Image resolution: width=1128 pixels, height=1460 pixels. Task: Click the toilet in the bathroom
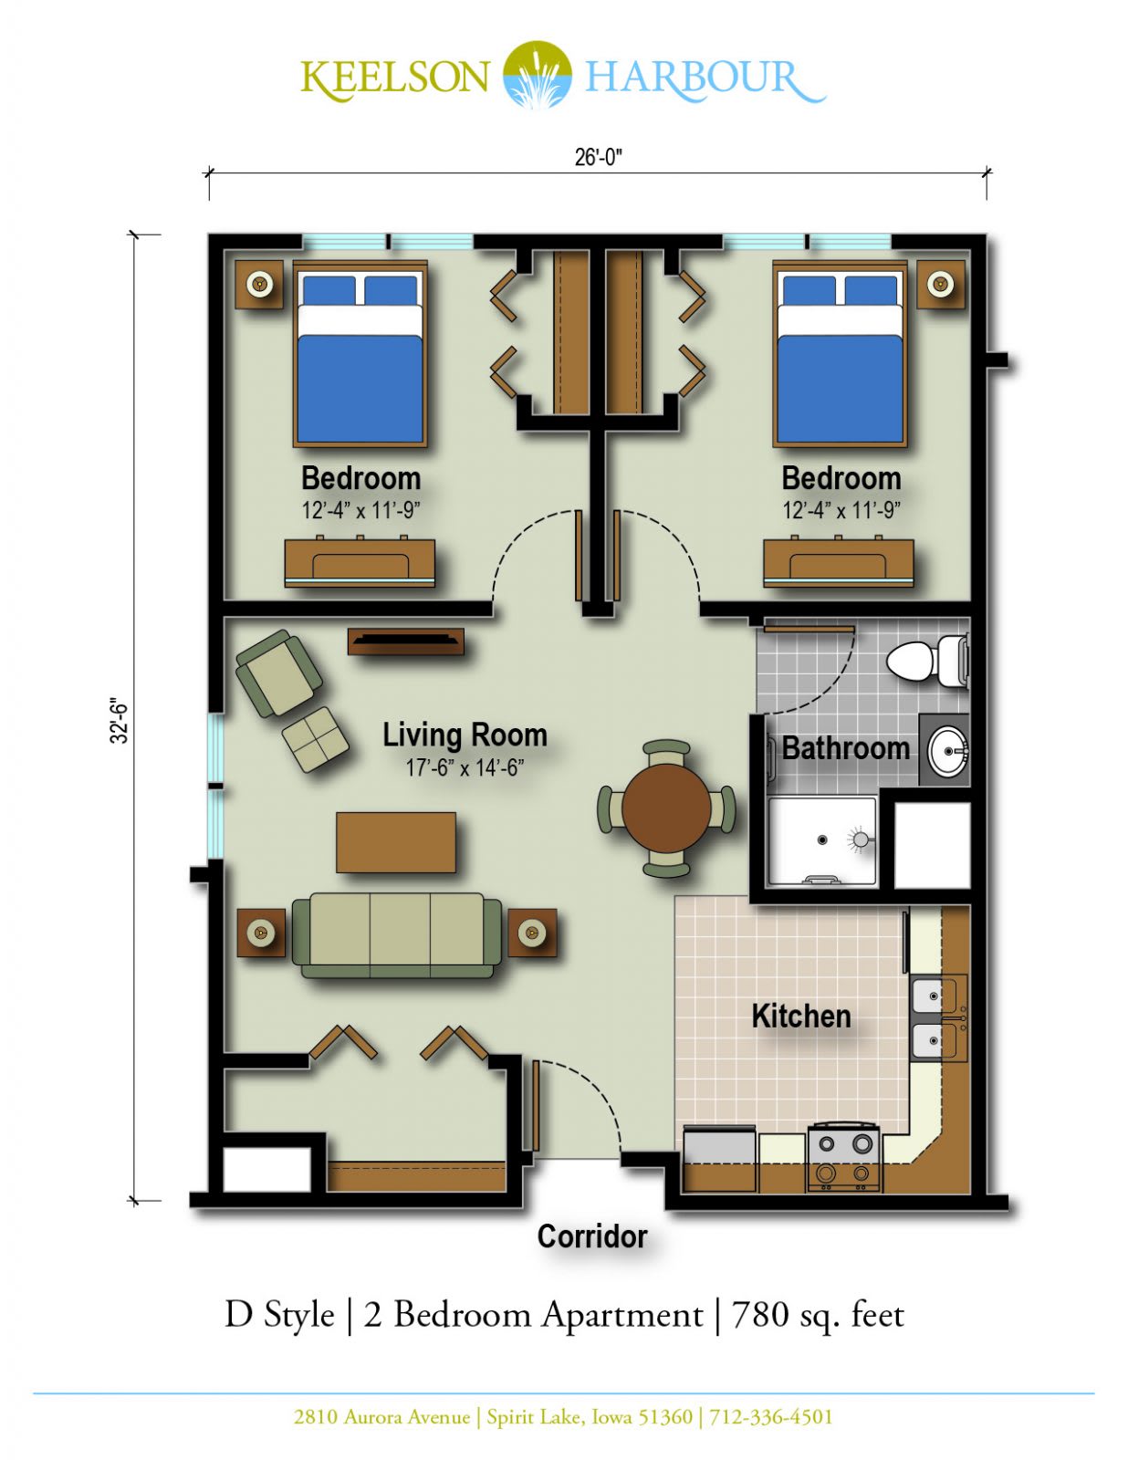pyautogui.click(x=927, y=662)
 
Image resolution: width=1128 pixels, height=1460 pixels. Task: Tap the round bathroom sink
pyautogui.click(x=948, y=749)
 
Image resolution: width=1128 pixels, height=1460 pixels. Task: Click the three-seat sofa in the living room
pyautogui.click(x=397, y=936)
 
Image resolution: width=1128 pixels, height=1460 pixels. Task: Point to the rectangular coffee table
pyautogui.click(x=396, y=842)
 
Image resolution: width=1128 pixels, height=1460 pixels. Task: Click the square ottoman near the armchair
pyautogui.click(x=315, y=739)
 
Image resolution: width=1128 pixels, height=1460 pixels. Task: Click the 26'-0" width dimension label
pyautogui.click(x=598, y=157)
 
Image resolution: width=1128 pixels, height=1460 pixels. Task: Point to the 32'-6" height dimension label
pyautogui.click(x=120, y=723)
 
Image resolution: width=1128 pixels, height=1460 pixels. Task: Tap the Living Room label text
pyautogui.click(x=465, y=735)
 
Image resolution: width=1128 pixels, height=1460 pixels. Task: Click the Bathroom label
pyautogui.click(x=845, y=748)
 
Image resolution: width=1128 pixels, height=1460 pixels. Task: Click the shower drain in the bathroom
pyautogui.click(x=822, y=839)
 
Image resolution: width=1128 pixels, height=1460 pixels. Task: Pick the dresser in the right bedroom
pyautogui.click(x=839, y=562)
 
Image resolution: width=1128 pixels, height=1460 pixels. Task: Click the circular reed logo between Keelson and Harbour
pyautogui.click(x=538, y=74)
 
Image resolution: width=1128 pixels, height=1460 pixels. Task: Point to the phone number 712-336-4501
pyautogui.click(x=770, y=1417)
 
